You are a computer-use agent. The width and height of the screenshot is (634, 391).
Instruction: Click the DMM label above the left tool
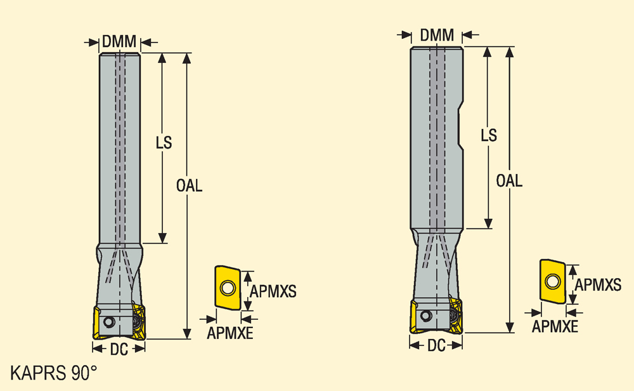point(119,41)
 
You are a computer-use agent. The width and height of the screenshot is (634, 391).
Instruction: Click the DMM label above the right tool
point(437,35)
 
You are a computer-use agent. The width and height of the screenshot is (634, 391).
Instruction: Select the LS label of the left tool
point(164,142)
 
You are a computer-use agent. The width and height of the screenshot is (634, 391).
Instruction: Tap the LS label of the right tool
point(489,135)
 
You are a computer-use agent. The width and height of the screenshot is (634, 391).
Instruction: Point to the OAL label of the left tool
point(189,186)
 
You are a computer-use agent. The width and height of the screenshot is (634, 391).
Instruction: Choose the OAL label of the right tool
point(509,180)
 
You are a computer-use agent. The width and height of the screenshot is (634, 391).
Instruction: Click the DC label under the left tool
point(119,349)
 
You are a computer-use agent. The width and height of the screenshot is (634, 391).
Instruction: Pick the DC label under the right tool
point(436,345)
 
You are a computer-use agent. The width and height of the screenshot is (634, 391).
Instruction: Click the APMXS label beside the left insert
point(273,291)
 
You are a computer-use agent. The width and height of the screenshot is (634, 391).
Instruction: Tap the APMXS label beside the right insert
point(598,285)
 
